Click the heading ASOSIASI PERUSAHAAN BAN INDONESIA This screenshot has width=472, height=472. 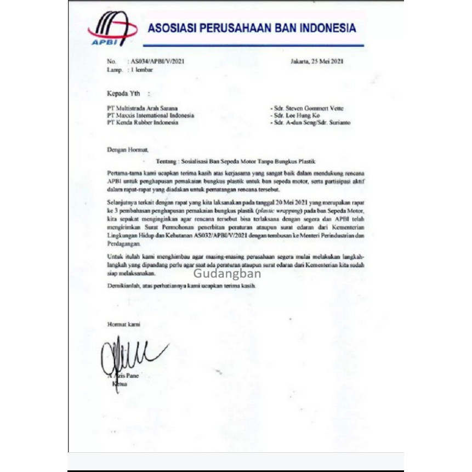coord(251,28)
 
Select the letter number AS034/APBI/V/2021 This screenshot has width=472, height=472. coord(157,61)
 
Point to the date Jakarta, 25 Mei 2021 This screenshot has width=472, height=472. coord(316,61)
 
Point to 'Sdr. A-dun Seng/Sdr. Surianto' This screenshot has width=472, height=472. coord(311,123)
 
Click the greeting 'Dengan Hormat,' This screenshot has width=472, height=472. coord(128,149)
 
